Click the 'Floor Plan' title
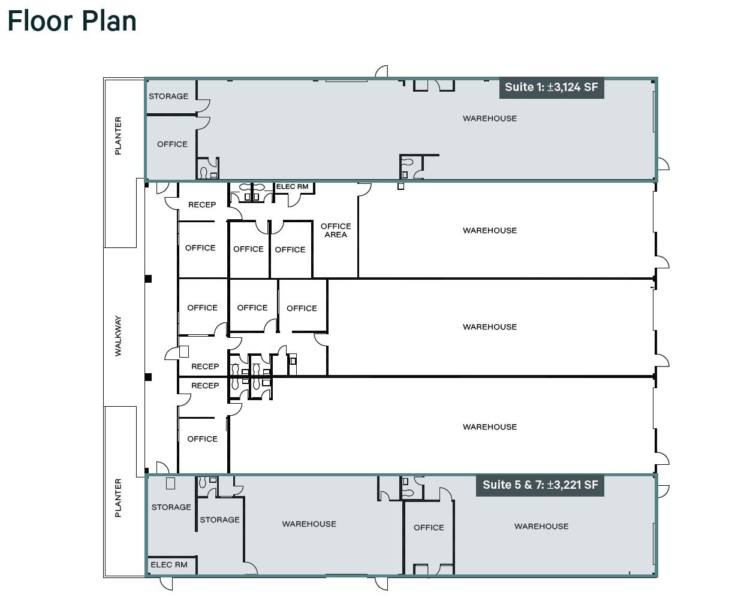[72, 21]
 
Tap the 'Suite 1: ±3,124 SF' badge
[551, 87]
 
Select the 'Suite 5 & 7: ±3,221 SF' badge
[540, 485]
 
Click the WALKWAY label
[118, 336]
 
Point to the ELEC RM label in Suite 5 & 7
[169, 564]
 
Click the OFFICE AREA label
[336, 231]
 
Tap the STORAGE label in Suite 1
[168, 96]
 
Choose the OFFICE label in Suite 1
[172, 144]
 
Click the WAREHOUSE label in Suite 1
[490, 119]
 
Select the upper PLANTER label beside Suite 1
[118, 136]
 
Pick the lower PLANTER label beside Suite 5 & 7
[118, 498]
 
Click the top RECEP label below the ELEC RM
[202, 205]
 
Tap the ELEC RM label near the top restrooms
[293, 186]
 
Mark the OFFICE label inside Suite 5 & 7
[429, 527]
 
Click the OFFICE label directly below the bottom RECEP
[202, 438]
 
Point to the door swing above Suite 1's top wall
[382, 71]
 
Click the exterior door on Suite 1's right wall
[663, 164]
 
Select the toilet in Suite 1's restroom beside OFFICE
[204, 173]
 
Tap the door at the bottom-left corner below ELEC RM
[167, 583]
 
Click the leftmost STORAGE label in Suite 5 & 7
[171, 507]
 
